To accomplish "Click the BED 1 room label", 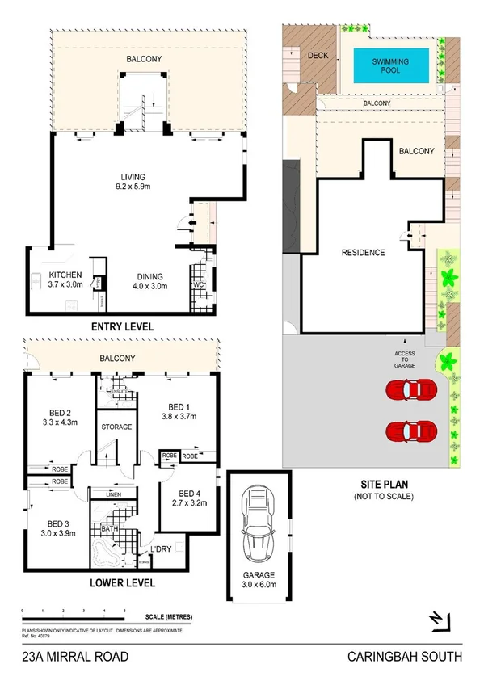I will [x=179, y=411].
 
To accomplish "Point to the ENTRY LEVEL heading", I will [x=121, y=326].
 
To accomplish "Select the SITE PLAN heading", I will [x=384, y=484].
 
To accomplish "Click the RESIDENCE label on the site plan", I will [x=363, y=253].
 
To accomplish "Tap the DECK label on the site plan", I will [x=318, y=55].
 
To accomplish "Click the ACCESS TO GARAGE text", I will [x=406, y=359].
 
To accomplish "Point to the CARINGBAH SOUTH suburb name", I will [x=404, y=658].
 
